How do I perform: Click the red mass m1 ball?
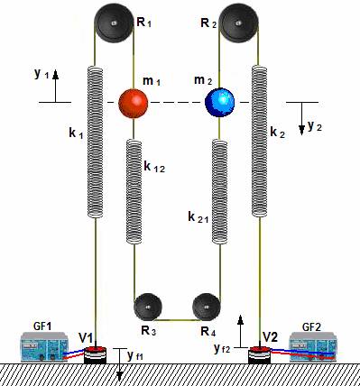click(134, 103)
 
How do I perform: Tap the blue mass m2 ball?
click(219, 103)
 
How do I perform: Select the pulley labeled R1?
click(114, 23)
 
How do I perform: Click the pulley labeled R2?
click(238, 23)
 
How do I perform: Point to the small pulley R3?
click(148, 308)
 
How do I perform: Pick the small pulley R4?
click(207, 308)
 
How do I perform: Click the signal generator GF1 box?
click(44, 346)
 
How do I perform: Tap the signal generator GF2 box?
click(312, 346)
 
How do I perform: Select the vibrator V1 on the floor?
click(95, 355)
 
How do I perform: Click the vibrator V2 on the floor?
click(260, 355)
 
